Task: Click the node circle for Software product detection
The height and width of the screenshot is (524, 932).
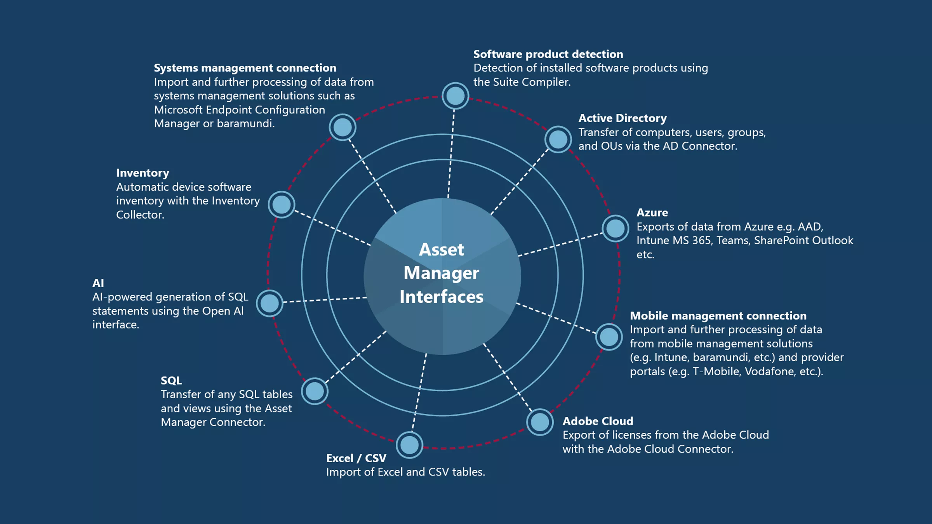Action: (455, 95)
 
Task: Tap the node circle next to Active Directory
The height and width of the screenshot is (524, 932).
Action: (558, 139)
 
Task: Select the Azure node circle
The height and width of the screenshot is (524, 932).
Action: (615, 228)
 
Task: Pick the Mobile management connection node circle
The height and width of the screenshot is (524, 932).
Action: (609, 337)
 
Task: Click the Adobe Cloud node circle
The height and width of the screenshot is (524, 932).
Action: (540, 422)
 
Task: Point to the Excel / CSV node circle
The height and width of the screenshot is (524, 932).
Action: (409, 445)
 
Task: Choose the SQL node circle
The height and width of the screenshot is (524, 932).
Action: (315, 391)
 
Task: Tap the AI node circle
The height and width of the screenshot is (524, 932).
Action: (270, 303)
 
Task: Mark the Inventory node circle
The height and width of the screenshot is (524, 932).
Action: (282, 205)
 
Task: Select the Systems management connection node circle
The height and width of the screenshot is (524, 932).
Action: (343, 127)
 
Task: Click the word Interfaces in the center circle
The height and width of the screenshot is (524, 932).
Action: (442, 297)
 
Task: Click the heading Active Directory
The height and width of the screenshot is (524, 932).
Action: (622, 118)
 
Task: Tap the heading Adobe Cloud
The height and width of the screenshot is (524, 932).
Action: (598, 421)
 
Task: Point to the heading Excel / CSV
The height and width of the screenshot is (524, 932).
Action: (356, 458)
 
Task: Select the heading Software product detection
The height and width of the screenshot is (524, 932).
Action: (548, 54)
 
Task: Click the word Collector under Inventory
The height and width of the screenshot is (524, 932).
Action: (140, 215)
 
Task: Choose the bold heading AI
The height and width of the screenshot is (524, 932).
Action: (98, 283)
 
